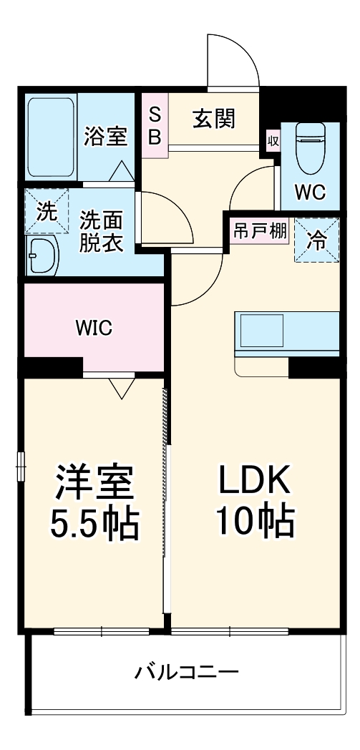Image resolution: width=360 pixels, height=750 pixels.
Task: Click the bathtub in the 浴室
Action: click(x=51, y=137)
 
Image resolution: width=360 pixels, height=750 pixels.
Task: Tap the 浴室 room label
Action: click(x=106, y=136)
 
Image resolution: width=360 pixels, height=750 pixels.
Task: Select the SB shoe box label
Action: click(x=155, y=126)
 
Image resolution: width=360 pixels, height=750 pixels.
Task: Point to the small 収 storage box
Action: click(x=273, y=141)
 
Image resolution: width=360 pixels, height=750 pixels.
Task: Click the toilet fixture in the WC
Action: click(x=311, y=148)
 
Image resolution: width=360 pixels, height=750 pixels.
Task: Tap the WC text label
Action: click(x=310, y=193)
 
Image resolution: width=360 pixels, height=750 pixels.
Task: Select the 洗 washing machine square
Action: click(x=47, y=211)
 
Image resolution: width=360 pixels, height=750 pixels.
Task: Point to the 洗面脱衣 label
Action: click(x=101, y=232)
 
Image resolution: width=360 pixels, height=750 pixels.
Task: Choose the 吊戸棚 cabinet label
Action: click(x=260, y=231)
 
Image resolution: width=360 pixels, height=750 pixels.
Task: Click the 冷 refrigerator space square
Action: click(x=316, y=240)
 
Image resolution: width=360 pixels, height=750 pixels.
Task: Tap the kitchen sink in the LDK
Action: click(x=261, y=331)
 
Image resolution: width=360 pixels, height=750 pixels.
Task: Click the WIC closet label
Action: click(x=94, y=328)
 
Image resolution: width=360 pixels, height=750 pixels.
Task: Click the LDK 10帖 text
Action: click(x=255, y=502)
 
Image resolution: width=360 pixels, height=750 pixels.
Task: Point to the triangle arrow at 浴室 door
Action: click(x=122, y=171)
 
